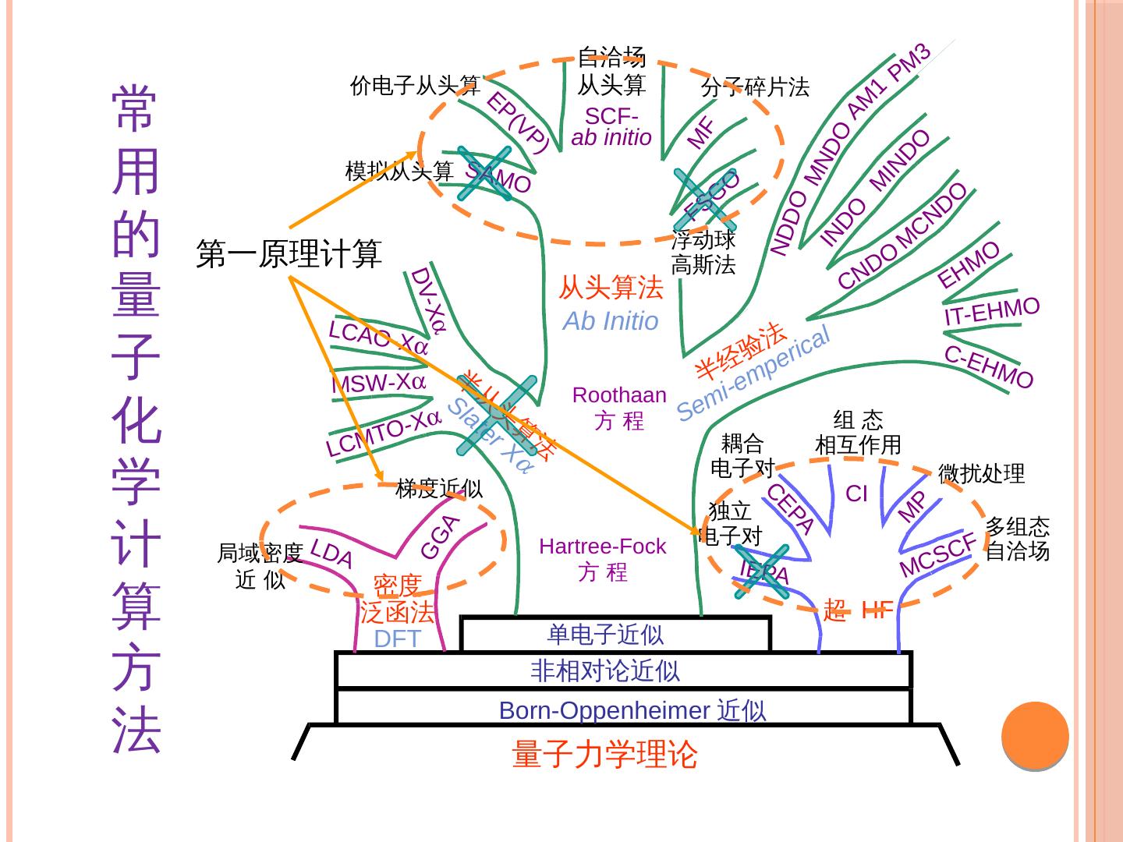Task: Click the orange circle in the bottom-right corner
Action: (1034, 735)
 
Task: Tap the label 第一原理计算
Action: (289, 254)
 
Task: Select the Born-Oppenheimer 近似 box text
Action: (632, 710)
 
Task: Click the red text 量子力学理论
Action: (604, 754)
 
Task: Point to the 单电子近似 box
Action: (606, 635)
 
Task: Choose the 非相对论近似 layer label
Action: (605, 670)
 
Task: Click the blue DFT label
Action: (397, 639)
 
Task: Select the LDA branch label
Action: (331, 553)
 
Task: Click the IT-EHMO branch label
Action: (991, 311)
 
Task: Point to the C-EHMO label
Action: (989, 367)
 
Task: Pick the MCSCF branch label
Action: (938, 555)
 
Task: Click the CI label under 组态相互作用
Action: (856, 494)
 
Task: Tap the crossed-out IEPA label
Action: (764, 573)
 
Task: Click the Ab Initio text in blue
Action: (611, 320)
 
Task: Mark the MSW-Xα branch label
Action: (378, 383)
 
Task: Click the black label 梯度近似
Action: (439, 489)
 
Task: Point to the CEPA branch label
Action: (791, 508)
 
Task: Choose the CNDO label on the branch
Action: (867, 267)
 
